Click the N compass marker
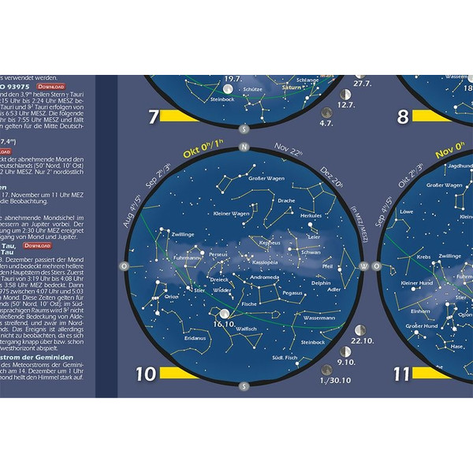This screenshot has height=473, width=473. (244, 147)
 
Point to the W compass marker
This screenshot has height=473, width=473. (363, 266)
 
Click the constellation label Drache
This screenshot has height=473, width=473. (286, 201)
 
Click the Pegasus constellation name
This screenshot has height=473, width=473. (292, 292)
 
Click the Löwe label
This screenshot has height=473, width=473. (407, 212)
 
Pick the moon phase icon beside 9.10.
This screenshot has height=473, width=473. (345, 352)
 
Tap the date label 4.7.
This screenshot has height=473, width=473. (326, 123)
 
